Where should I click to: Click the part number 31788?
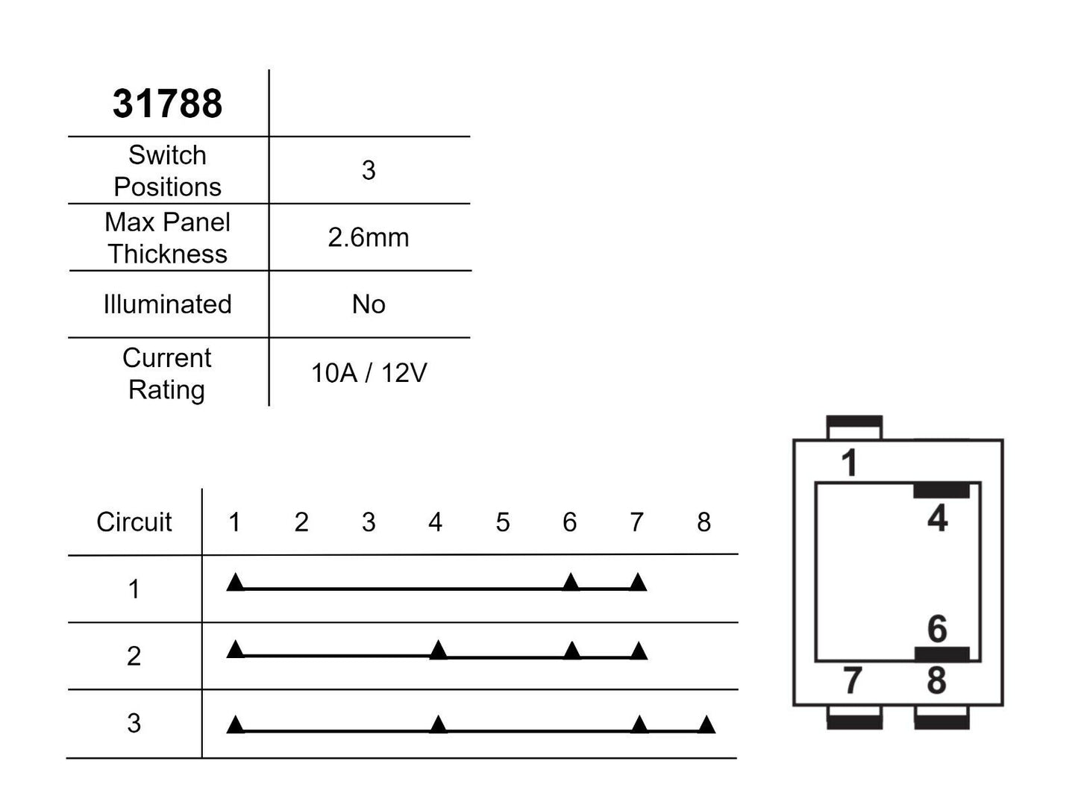click(167, 103)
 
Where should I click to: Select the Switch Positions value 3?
click(369, 170)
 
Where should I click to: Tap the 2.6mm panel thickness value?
click(369, 237)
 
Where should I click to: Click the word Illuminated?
click(167, 304)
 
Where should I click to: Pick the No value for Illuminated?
click(369, 304)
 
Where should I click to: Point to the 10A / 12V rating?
click(369, 372)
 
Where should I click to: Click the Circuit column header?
click(134, 522)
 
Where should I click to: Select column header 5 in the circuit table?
click(502, 522)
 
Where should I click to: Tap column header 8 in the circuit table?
click(703, 522)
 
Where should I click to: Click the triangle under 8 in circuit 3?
click(706, 724)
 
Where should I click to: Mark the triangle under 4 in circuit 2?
click(439, 650)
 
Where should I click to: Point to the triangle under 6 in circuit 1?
click(571, 582)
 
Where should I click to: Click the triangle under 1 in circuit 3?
click(235, 724)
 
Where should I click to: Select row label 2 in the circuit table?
click(134, 656)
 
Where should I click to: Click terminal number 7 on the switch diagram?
click(852, 680)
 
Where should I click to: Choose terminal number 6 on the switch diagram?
click(937, 629)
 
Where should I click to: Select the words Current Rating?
click(167, 374)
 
